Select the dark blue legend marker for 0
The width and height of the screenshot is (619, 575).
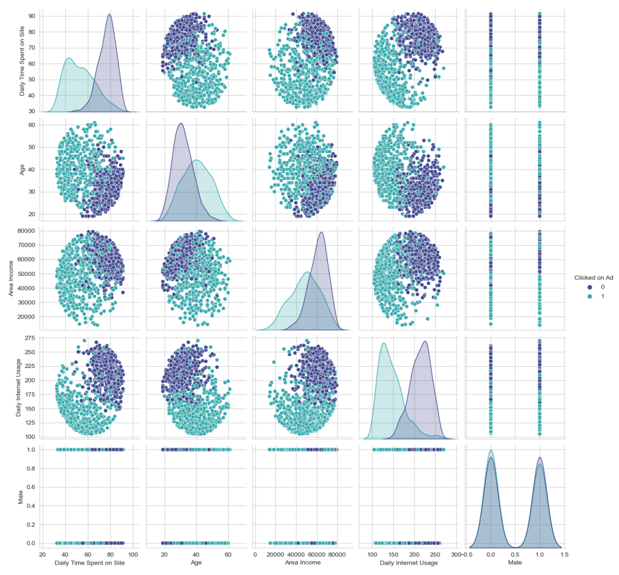pyautogui.click(x=578, y=287)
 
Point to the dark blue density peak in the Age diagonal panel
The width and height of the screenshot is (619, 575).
pyautogui.click(x=181, y=123)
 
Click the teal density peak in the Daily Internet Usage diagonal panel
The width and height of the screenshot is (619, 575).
pyautogui.click(x=383, y=344)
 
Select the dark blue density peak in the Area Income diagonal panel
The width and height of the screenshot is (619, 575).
pyautogui.click(x=321, y=232)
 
